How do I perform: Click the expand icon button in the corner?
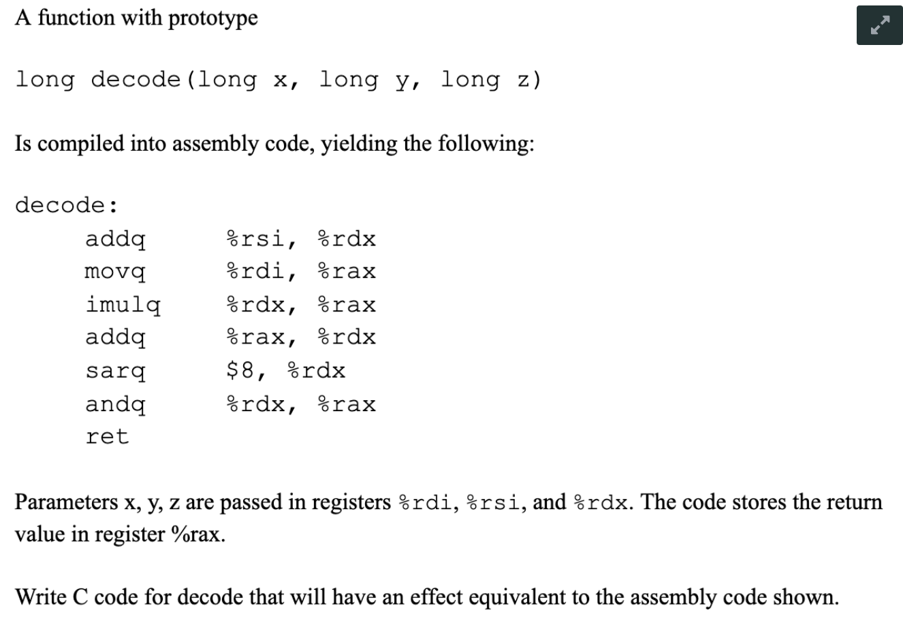click(x=879, y=26)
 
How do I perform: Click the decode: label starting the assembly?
click(x=66, y=205)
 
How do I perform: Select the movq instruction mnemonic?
click(x=115, y=272)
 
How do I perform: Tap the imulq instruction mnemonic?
click(x=123, y=305)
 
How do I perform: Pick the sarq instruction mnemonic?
click(x=115, y=372)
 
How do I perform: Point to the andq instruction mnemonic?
click(x=115, y=405)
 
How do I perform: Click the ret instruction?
click(x=107, y=436)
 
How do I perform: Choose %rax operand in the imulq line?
click(x=347, y=305)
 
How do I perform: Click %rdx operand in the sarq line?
click(x=317, y=371)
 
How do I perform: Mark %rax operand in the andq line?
click(x=347, y=405)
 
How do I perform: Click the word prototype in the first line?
click(x=212, y=18)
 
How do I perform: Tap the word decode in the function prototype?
click(x=136, y=80)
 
